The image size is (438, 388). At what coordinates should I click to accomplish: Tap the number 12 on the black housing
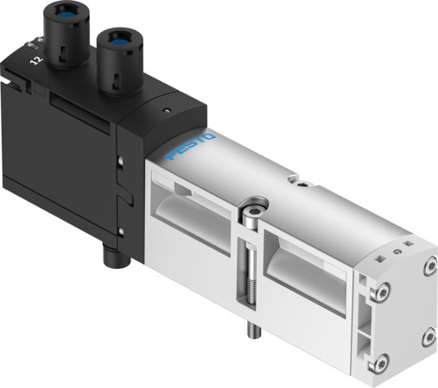point(35,61)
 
